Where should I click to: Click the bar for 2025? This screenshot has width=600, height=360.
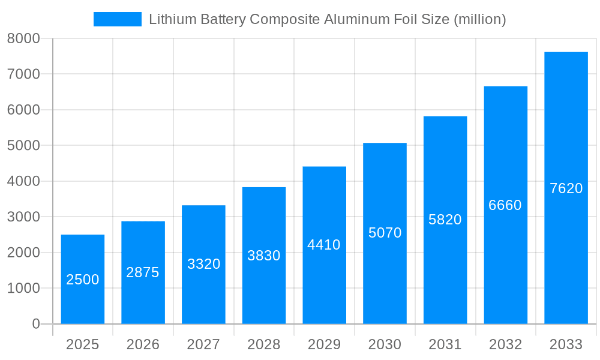click(83, 279)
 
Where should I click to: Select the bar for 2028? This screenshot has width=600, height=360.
click(264, 256)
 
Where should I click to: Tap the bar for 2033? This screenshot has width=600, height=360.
click(566, 188)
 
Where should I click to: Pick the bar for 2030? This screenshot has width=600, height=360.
click(385, 233)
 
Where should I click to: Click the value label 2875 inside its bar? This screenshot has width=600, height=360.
click(143, 272)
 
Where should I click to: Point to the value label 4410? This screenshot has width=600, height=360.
click(324, 245)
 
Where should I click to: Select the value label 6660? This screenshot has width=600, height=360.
click(505, 205)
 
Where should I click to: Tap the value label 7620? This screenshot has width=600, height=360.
click(566, 188)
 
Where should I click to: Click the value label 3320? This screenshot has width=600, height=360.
click(203, 264)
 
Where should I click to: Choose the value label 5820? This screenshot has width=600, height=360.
click(445, 220)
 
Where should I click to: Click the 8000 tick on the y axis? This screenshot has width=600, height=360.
click(23, 38)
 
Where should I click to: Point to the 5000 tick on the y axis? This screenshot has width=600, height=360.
click(23, 146)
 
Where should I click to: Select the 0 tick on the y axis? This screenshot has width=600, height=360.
click(35, 324)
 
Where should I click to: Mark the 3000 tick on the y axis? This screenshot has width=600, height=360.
click(23, 217)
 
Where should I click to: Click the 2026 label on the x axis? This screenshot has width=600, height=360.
click(143, 344)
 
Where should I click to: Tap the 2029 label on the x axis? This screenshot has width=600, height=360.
click(324, 344)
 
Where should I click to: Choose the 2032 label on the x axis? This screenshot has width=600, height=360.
click(505, 344)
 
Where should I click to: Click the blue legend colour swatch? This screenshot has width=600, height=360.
click(118, 19)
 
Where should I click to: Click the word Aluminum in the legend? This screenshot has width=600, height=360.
click(354, 19)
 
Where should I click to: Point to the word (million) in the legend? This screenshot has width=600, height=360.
click(479, 19)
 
